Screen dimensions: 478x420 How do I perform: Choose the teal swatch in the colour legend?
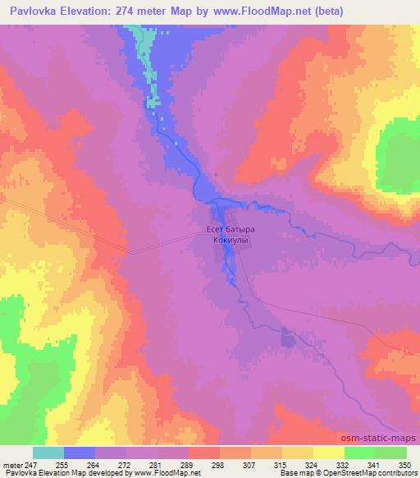click(48, 453)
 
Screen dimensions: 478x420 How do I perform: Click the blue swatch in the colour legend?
click(80, 453)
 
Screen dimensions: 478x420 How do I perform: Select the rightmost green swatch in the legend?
click(391, 453)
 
